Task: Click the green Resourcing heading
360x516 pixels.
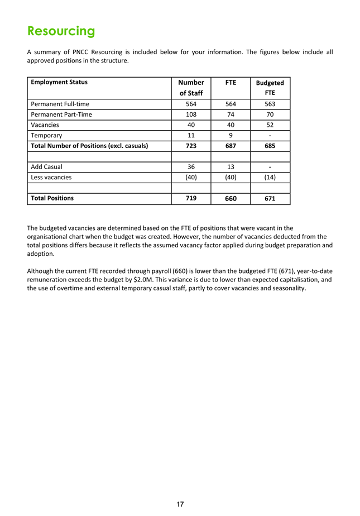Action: pyautogui.click(x=61, y=30)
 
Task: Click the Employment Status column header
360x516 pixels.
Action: pyautogui.click(x=59, y=82)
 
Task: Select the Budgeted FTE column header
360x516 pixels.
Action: pyautogui.click(x=270, y=88)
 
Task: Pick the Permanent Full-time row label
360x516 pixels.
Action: pyautogui.click(x=60, y=104)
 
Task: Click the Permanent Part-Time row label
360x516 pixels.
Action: pyautogui.click(x=61, y=114)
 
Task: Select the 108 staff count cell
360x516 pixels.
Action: pyautogui.click(x=191, y=114)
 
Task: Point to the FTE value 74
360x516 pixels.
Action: pyautogui.click(x=231, y=114)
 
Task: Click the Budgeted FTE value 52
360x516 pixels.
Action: pyautogui.click(x=270, y=125)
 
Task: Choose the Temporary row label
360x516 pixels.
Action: pyautogui.click(x=46, y=135)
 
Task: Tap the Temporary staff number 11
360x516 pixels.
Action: pyautogui.click(x=191, y=135)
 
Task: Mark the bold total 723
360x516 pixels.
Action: pyautogui.click(x=191, y=146)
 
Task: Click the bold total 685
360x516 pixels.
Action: pyautogui.click(x=270, y=146)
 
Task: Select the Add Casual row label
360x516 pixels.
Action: pyautogui.click(x=47, y=167)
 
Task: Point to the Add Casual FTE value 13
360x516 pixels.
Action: pyautogui.click(x=231, y=167)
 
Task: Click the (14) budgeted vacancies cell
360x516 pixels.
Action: pyautogui.click(x=270, y=177)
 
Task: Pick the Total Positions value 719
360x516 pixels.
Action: pyautogui.click(x=191, y=198)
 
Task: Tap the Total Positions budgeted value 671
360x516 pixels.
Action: pyautogui.click(x=270, y=198)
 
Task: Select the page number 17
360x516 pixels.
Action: pyautogui.click(x=180, y=504)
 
